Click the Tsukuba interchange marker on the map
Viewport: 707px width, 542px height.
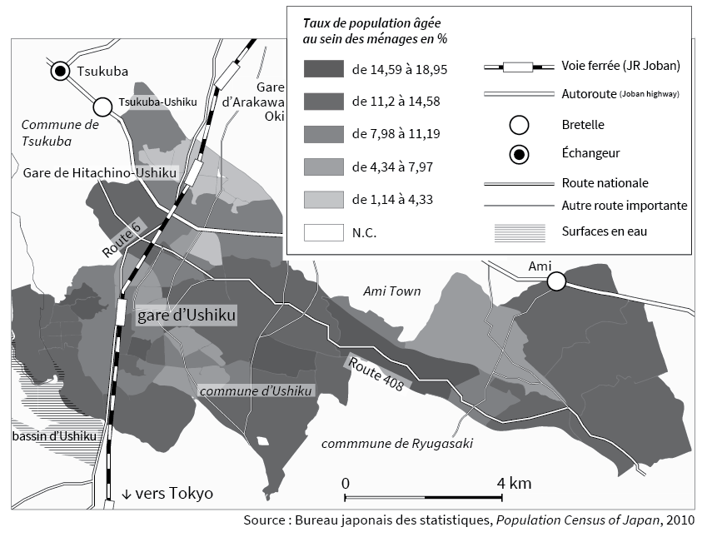61,72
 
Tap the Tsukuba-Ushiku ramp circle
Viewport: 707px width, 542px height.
102,107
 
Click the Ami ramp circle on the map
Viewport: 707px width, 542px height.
556,282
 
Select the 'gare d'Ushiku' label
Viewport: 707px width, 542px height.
187,316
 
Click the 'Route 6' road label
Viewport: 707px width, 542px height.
122,236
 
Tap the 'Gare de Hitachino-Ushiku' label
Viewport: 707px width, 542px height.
100,172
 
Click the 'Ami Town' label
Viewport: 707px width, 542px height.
392,291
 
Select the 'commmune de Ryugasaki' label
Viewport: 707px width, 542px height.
396,443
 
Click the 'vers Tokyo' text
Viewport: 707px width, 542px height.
167,494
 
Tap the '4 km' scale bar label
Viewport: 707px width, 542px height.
514,484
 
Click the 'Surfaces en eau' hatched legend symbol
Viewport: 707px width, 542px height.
520,231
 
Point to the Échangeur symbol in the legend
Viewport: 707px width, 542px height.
520,154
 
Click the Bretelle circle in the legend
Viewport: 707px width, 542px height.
520,125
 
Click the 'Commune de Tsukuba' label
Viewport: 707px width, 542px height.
60,132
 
